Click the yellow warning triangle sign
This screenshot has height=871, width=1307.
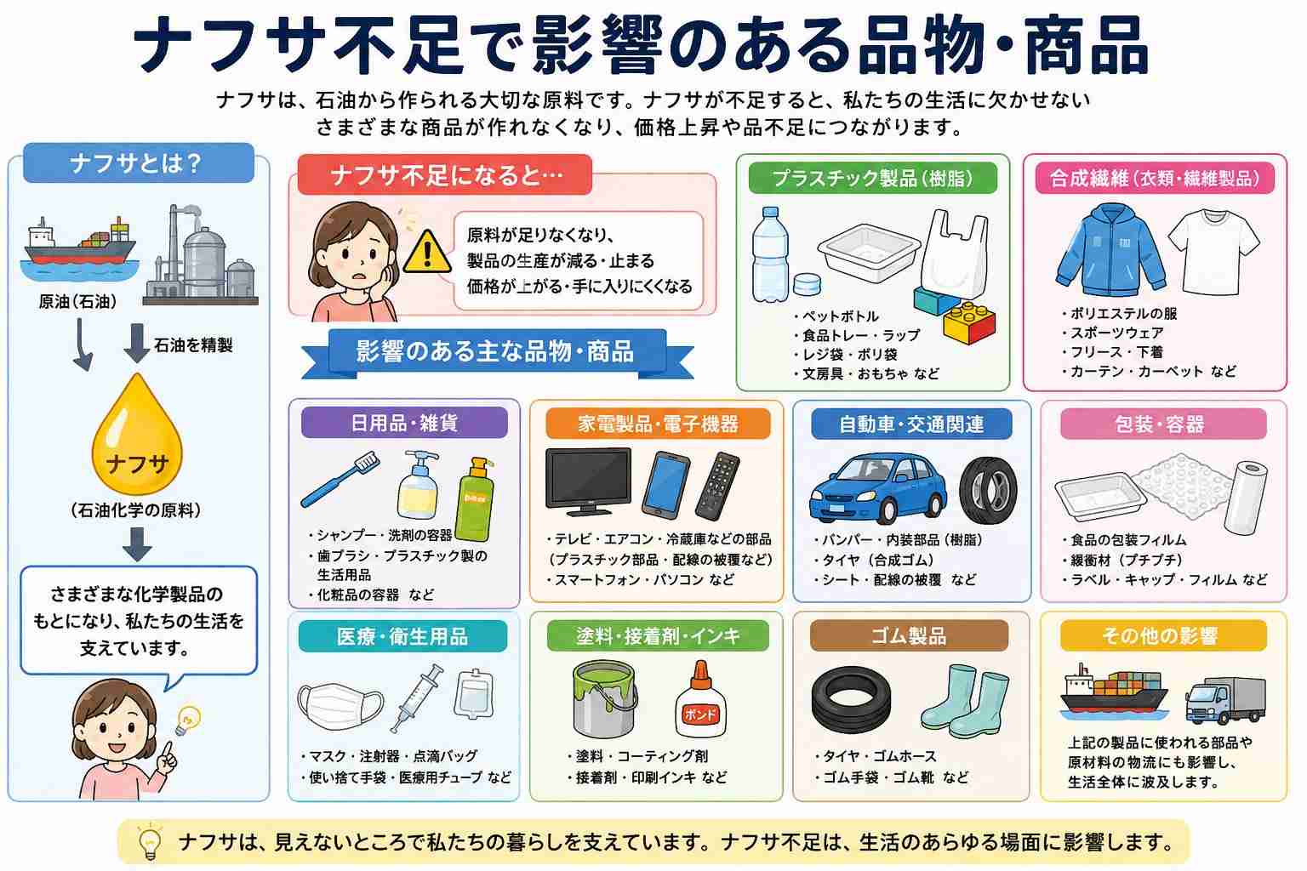[x=427, y=252]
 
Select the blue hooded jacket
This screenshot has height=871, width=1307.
[x=1110, y=249]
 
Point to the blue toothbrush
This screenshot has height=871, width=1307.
[x=340, y=479]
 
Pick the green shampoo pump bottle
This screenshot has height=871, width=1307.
[x=475, y=498]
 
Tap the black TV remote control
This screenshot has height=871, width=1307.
[x=717, y=486]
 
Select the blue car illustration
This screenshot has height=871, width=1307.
[x=878, y=488]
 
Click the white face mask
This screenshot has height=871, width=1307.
[x=340, y=706]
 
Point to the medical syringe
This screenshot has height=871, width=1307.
[x=417, y=697]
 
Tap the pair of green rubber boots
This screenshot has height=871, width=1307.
[x=964, y=700]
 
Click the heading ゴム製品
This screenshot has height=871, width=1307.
[x=909, y=635]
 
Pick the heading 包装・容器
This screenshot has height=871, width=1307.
[x=1159, y=424]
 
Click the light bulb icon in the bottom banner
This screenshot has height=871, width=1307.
[x=150, y=842]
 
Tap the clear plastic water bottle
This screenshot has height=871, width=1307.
[x=769, y=254]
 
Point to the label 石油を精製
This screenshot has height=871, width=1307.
[x=193, y=344]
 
